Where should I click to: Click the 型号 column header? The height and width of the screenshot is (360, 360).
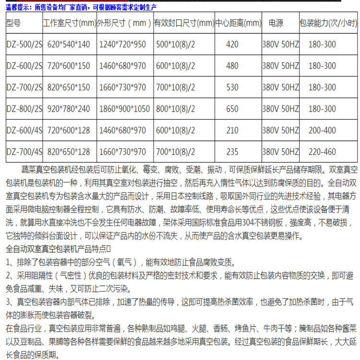(14, 23)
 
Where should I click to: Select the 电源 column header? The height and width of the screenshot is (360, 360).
(276, 23)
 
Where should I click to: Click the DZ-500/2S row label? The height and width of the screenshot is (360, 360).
(24, 45)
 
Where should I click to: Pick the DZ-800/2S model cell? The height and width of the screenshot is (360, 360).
(24, 109)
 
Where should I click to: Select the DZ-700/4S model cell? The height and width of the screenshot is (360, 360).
(24, 152)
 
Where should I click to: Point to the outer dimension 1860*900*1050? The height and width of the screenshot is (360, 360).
(124, 109)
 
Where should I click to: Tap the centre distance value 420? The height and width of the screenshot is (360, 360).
(232, 45)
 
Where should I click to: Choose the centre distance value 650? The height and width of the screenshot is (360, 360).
(232, 109)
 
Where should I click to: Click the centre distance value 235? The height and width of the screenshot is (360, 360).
(232, 152)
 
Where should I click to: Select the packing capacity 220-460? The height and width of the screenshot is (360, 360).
(322, 152)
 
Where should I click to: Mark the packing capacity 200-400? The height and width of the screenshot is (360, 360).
(322, 130)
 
